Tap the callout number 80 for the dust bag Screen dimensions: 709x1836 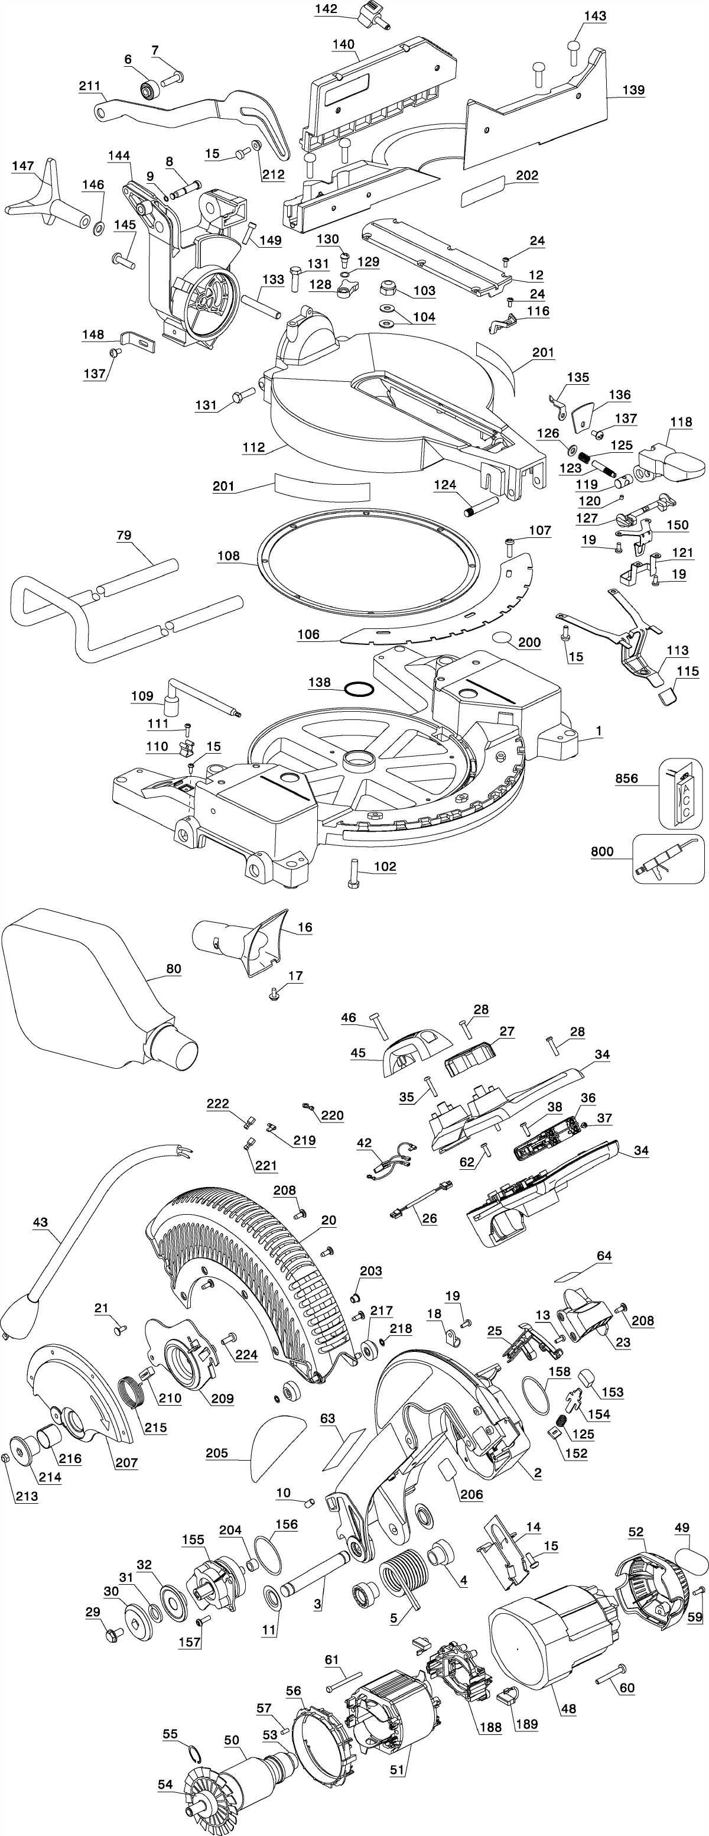point(173,969)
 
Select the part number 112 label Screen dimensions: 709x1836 point(253,447)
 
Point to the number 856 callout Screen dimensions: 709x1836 point(626,779)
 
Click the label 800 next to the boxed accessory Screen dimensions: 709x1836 point(602,851)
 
